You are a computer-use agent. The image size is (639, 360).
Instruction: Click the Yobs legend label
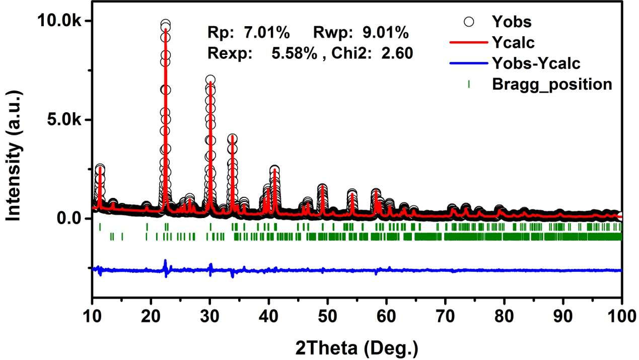512,22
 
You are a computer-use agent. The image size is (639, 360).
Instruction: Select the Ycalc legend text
513,43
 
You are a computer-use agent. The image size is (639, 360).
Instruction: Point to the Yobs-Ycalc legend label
536,63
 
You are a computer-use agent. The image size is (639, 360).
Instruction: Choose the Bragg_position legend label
552,84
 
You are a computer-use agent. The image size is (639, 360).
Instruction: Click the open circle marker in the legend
469,22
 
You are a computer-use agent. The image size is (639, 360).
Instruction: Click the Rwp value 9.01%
385,33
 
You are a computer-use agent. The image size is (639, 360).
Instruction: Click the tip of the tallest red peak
165,29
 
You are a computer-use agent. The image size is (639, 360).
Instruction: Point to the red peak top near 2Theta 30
210,82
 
